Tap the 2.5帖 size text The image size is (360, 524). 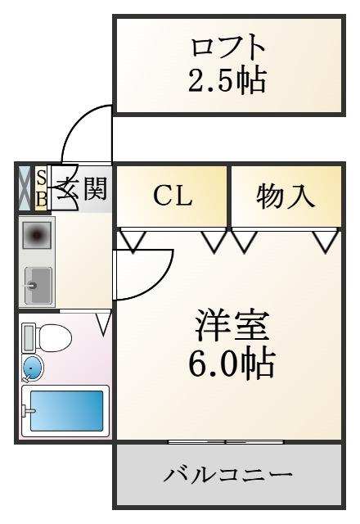[x=227, y=80]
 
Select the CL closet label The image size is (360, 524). [x=173, y=196]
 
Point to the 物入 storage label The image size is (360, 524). [x=286, y=196]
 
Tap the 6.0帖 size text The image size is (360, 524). [x=232, y=363]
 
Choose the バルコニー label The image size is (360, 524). [x=227, y=475]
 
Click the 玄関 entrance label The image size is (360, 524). [x=82, y=189]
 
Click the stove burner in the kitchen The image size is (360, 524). [x=36, y=236]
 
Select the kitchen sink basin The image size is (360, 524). [x=38, y=286]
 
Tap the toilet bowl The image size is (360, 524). [x=56, y=337]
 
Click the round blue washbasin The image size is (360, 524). [x=33, y=368]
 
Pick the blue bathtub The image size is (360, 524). [x=66, y=411]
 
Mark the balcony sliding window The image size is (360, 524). [x=226, y=442]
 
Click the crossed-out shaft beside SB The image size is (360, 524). [x=25, y=188]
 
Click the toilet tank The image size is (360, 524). [x=29, y=337]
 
